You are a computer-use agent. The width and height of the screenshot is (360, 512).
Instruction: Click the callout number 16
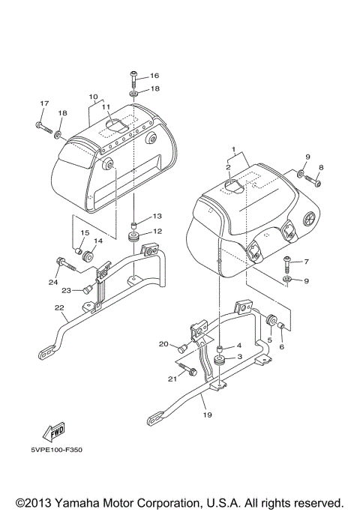pyautogui.click(x=154, y=76)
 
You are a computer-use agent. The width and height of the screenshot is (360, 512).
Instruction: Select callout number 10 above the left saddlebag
pyautogui.click(x=94, y=97)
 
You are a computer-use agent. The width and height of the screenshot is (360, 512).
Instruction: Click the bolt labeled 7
pyautogui.click(x=287, y=262)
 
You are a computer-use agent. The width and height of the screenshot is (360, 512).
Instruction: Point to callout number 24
pyautogui.click(x=53, y=282)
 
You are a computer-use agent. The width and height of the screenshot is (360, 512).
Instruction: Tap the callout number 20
pyautogui.click(x=163, y=344)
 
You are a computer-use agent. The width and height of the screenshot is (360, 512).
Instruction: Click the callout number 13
pyautogui.click(x=157, y=216)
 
